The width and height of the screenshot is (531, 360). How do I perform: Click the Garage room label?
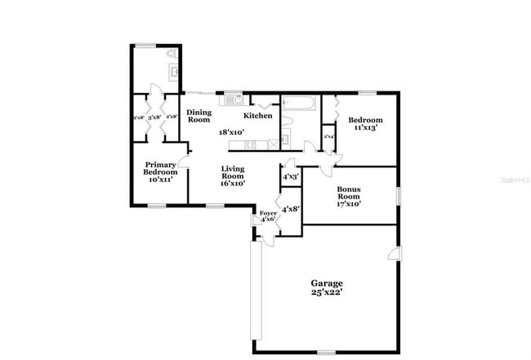click(x=325, y=283)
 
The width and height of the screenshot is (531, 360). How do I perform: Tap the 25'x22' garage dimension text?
click(x=325, y=292)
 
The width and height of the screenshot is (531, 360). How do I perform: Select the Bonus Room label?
click(x=349, y=192)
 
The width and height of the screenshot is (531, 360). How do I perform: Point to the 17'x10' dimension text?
click(x=349, y=204)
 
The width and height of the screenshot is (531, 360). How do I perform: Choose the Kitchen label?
click(x=258, y=116)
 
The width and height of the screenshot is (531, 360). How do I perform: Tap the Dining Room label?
click(x=199, y=116)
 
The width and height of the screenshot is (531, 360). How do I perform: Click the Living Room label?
click(x=233, y=172)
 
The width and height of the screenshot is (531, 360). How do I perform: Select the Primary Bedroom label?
click(x=160, y=168)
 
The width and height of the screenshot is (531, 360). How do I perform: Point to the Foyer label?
click(x=268, y=215)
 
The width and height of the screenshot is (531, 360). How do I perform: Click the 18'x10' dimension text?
click(x=231, y=131)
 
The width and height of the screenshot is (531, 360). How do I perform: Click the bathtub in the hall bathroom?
click(x=300, y=102)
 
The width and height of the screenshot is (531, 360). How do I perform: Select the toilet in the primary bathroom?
click(x=170, y=55)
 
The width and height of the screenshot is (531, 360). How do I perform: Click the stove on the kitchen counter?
click(x=251, y=144)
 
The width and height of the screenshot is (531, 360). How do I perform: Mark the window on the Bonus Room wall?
click(x=398, y=197)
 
